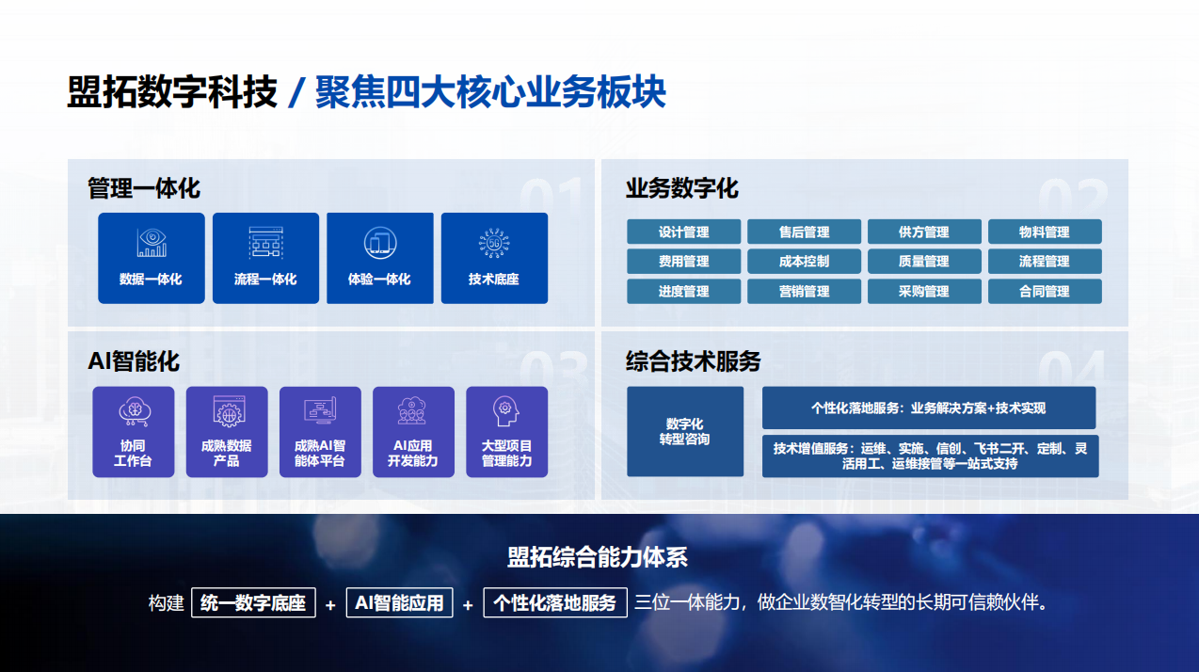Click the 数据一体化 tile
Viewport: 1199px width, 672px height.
tap(151, 258)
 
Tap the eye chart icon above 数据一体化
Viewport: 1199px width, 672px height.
tap(152, 243)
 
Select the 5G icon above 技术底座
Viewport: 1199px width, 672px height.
tap(494, 243)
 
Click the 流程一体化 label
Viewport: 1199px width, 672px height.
tap(265, 279)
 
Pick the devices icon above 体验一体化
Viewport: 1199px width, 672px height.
tap(380, 243)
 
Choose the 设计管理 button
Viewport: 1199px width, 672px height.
tap(683, 232)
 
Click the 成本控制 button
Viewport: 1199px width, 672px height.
tap(804, 262)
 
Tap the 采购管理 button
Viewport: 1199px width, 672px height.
tap(924, 291)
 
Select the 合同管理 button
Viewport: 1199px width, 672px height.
tap(1045, 291)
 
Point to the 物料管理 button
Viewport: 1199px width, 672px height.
tap(1045, 232)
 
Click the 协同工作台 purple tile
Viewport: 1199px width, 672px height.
tap(134, 432)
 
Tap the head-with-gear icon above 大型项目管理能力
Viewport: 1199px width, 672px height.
tap(505, 411)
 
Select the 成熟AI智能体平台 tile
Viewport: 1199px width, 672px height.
tap(320, 432)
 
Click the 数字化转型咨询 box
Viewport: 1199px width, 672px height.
tap(685, 432)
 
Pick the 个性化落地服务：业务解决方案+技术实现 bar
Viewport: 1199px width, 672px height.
tap(929, 408)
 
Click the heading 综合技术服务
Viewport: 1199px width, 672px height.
tap(694, 361)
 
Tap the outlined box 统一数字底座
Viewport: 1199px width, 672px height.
tap(253, 602)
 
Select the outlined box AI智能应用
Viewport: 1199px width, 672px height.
tap(399, 602)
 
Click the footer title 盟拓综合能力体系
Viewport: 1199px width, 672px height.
tap(598, 557)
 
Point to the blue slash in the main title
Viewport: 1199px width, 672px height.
tap(296, 93)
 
